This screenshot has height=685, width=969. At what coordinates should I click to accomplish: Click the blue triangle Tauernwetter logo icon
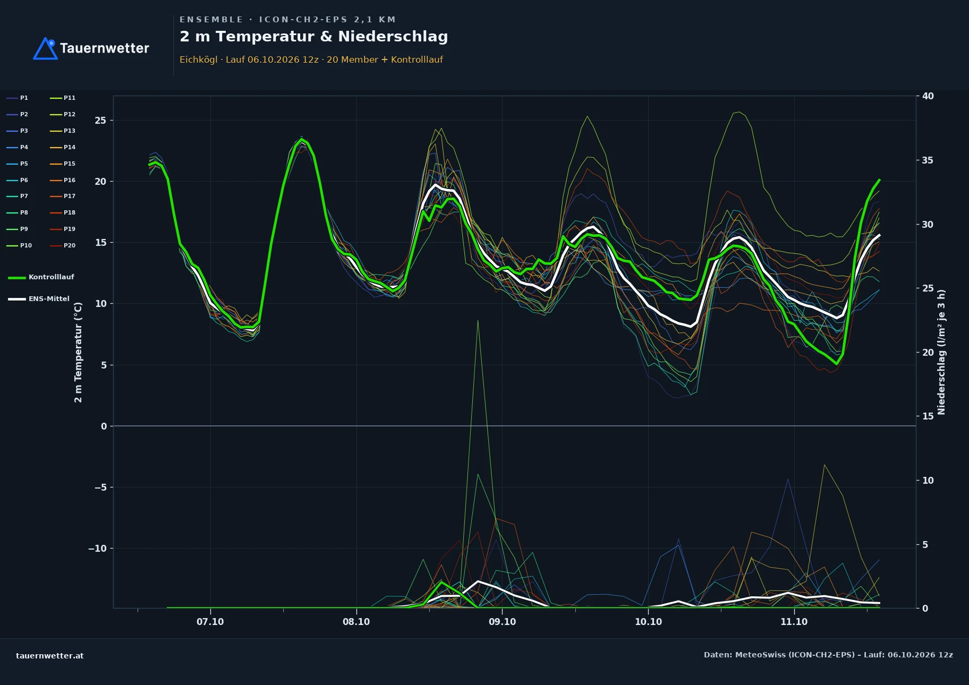[x=45, y=48]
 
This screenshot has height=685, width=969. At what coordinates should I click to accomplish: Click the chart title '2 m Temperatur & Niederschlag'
[x=313, y=37]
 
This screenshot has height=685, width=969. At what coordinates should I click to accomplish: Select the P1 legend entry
[x=18, y=98]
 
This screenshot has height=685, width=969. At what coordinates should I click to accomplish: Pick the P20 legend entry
[x=63, y=245]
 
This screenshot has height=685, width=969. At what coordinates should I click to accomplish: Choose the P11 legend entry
[x=63, y=98]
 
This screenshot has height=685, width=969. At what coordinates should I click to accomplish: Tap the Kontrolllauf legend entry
[x=41, y=277]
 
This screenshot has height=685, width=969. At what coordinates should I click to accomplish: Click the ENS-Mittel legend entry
[x=39, y=299]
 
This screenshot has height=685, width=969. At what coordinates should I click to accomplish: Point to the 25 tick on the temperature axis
[x=100, y=121]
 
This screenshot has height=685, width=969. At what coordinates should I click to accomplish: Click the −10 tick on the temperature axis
[x=97, y=549]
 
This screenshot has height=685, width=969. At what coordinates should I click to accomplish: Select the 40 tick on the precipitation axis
[x=928, y=96]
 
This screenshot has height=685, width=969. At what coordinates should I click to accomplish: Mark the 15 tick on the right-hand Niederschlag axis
[x=928, y=416]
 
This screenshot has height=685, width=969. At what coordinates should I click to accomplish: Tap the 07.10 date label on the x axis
[x=210, y=622]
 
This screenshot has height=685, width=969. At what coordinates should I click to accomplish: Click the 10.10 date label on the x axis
[x=648, y=622]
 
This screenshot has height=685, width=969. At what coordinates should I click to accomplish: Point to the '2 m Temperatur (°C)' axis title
[x=78, y=352]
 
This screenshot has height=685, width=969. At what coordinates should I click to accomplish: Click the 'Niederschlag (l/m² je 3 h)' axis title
[x=941, y=352]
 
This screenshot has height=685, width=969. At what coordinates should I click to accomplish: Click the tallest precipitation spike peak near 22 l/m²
[x=478, y=321]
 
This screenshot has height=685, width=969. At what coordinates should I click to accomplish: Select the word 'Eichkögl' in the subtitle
[x=198, y=60]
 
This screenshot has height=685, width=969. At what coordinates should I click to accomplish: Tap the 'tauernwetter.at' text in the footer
[x=50, y=656]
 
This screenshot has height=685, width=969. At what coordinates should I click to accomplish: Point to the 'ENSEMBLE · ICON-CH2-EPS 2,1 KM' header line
[x=287, y=20]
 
